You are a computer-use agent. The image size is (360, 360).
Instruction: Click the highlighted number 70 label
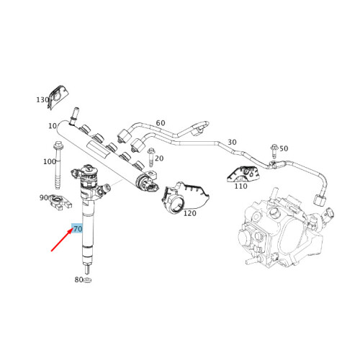click(x=78, y=228)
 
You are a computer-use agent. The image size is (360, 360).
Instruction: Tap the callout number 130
click(x=42, y=100)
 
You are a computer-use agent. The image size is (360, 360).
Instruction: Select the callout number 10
click(x=53, y=126)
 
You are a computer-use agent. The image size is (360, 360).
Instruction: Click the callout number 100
click(x=49, y=161)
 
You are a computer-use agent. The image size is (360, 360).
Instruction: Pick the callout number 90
click(x=43, y=197)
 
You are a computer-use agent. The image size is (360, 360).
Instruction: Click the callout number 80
click(x=78, y=279)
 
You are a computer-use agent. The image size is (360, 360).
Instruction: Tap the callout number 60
click(x=160, y=123)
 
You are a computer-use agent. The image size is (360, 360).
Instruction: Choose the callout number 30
click(x=232, y=142)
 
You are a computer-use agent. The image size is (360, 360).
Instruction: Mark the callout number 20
click(x=159, y=158)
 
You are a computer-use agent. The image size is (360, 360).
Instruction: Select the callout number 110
click(x=240, y=186)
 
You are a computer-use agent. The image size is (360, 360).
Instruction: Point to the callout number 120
click(x=189, y=214)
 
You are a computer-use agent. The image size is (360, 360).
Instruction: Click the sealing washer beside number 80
click(x=87, y=279)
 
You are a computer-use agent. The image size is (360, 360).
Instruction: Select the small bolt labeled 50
click(x=274, y=150)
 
